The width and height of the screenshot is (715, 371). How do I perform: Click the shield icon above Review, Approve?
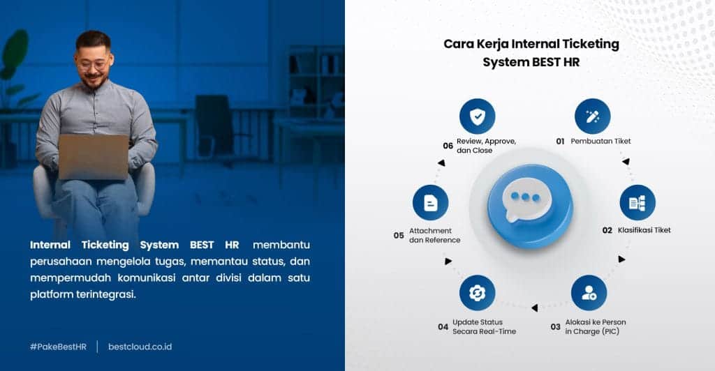pyautogui.click(x=477, y=116)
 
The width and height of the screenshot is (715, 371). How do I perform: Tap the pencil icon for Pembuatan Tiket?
pyautogui.click(x=592, y=116)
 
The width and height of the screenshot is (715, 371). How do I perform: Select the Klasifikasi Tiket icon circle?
pyautogui.click(x=637, y=202)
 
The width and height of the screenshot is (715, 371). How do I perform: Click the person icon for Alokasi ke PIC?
pyautogui.click(x=589, y=293)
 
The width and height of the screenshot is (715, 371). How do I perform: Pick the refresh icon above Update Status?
pyautogui.click(x=477, y=293)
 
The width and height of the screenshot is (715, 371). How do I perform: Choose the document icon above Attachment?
pyautogui.click(x=430, y=202)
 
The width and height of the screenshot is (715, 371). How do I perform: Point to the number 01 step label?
pyautogui.click(x=560, y=142)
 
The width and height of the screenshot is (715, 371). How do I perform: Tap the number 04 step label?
pyautogui.click(x=443, y=327)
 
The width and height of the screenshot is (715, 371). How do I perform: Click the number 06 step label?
pyautogui.click(x=448, y=146)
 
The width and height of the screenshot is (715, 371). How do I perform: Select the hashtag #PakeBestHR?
pyautogui.click(x=58, y=347)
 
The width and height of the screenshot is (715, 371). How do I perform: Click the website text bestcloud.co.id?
pyautogui.click(x=140, y=347)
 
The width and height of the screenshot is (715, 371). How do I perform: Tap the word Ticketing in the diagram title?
pyautogui.click(x=591, y=45)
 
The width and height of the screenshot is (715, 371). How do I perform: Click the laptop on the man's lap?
pyautogui.click(x=94, y=157)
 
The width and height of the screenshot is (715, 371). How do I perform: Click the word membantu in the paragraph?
pyautogui.click(x=281, y=245)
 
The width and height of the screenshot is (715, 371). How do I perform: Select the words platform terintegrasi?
pyautogui.click(x=83, y=294)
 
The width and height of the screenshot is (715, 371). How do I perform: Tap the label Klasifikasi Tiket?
pyautogui.click(x=644, y=230)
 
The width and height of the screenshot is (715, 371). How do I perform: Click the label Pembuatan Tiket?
pyautogui.click(x=600, y=142)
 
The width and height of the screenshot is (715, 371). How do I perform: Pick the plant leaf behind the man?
pyautogui.click(x=15, y=51)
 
